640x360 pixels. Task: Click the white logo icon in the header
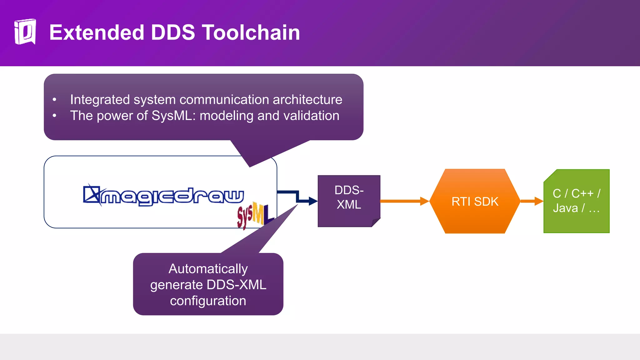(x=25, y=32)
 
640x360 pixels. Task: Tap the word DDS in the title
(x=173, y=32)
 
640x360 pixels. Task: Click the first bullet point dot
(x=54, y=100)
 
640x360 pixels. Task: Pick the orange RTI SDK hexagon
(x=475, y=202)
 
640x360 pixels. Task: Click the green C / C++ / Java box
(x=576, y=201)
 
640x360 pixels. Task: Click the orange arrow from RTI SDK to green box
(x=532, y=201)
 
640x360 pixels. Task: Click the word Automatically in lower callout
(x=208, y=269)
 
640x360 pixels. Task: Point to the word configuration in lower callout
(x=208, y=301)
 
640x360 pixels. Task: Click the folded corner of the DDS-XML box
(x=376, y=222)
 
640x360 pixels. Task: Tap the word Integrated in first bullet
(x=100, y=100)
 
